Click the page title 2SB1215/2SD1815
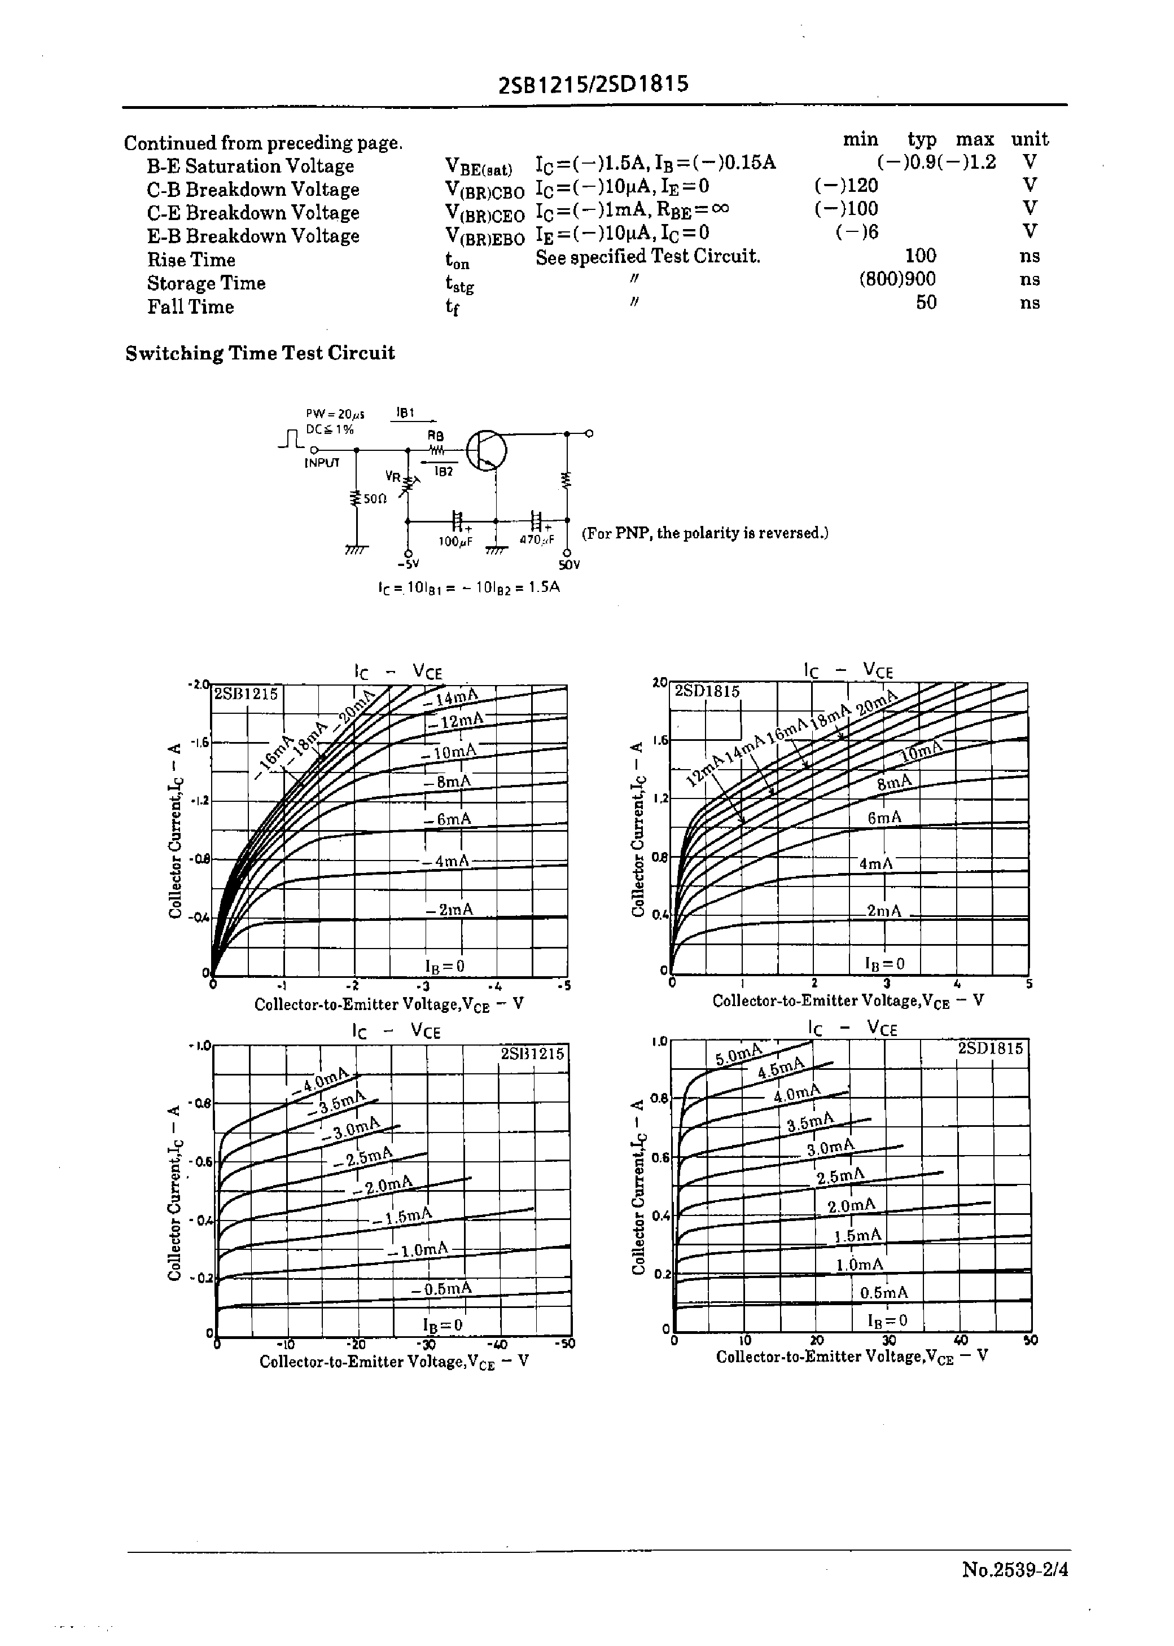point(594,85)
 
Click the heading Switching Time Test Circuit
point(260,353)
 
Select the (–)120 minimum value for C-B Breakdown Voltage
point(846,186)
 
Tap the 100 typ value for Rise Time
point(920,256)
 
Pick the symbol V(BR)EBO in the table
point(484,236)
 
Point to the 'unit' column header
point(1030,139)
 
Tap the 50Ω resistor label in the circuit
point(374,499)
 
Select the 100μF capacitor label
point(455,541)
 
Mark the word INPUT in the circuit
point(322,463)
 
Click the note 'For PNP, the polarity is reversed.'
point(705,533)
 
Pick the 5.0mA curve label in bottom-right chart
point(739,1056)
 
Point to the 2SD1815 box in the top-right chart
point(707,691)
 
